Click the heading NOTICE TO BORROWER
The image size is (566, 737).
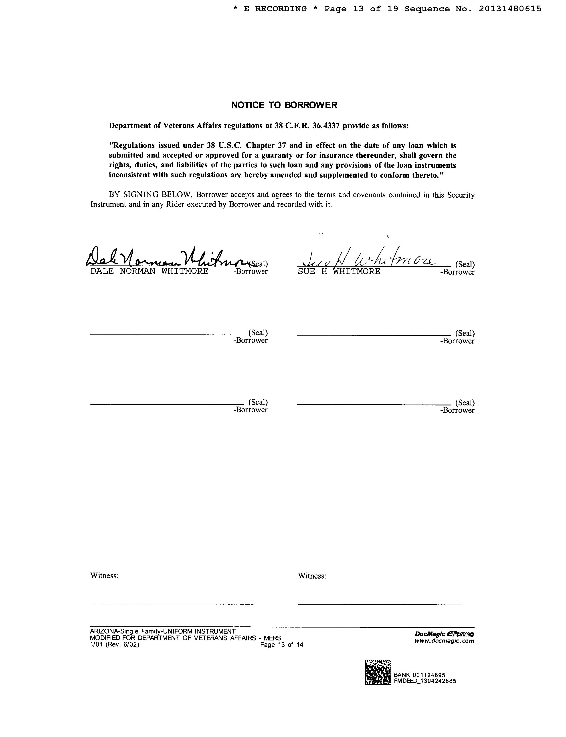pos(284,105)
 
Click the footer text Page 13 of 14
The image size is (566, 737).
pos(282,645)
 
